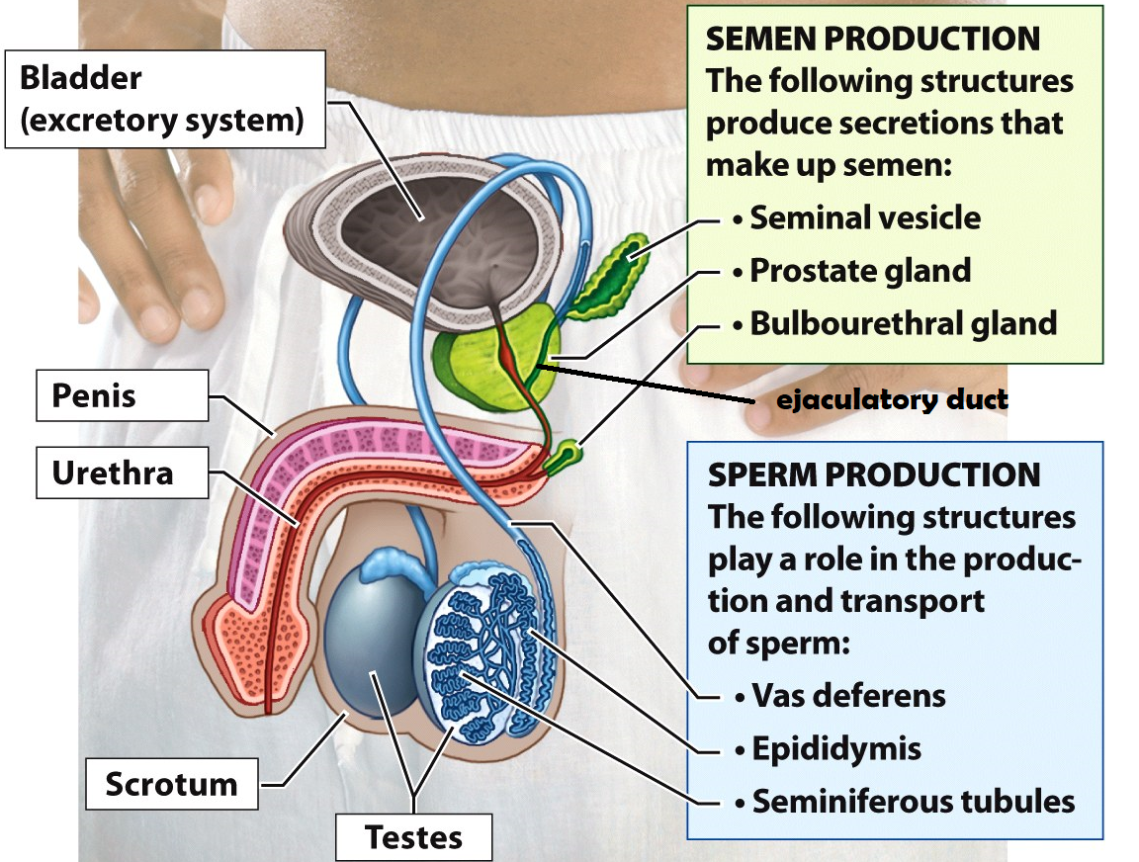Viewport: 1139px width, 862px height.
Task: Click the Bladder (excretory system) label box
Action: coord(165,99)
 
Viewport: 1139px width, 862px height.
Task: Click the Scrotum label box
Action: coord(172,784)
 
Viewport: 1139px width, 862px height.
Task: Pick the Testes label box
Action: coord(413,836)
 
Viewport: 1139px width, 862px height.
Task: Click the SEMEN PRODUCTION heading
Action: coord(872,40)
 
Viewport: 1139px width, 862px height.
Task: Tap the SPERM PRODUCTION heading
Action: coord(874,474)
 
